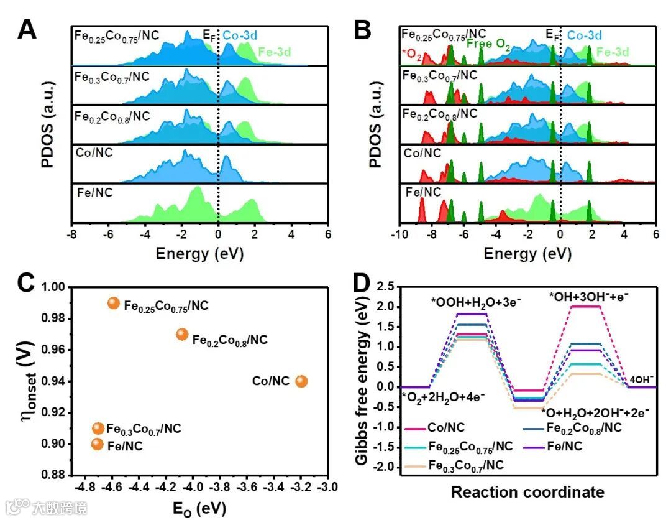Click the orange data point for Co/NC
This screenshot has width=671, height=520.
tap(301, 381)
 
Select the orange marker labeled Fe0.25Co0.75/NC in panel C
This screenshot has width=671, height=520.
tap(113, 303)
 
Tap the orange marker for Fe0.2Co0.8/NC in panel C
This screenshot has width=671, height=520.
tap(181, 334)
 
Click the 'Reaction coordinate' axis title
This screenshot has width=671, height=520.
tap(527, 492)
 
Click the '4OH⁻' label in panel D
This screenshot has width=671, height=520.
tap(641, 378)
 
